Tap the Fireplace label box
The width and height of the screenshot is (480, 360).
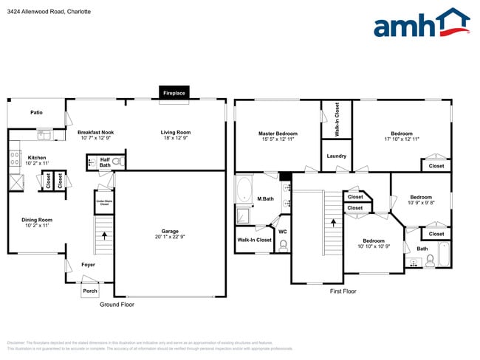tap(174, 94)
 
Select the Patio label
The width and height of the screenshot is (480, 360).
tap(36, 113)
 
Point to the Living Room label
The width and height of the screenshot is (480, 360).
tap(176, 132)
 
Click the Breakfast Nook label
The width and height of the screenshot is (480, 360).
tap(96, 132)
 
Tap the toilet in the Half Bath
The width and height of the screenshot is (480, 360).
tap(117, 161)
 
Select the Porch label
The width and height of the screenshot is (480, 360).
tap(89, 291)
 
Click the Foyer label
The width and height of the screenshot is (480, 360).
tap(88, 264)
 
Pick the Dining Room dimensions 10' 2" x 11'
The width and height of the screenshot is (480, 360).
tap(36, 226)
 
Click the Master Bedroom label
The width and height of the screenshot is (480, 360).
tap(278, 134)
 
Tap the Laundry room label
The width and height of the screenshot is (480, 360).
tap(337, 156)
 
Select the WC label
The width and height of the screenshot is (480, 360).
tap(282, 232)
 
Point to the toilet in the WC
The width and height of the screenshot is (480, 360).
tap(283, 247)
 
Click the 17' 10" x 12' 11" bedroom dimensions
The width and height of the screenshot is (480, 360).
tap(402, 139)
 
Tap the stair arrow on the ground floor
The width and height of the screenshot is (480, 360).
tap(104, 237)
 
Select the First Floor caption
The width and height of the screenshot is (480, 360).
tap(343, 291)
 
